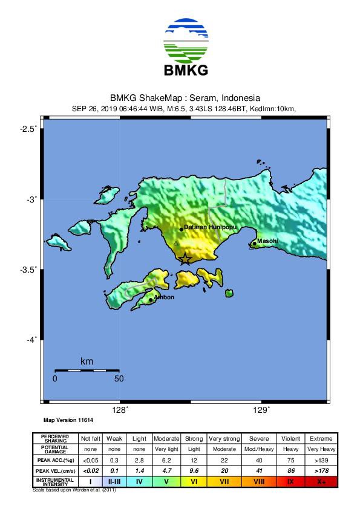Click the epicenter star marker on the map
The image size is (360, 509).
185,259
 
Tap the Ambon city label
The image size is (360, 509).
164,297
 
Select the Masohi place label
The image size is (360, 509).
267,241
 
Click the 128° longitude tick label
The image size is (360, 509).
120,410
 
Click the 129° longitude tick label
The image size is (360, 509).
261,410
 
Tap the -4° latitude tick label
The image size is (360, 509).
30,340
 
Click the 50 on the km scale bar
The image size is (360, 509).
119,379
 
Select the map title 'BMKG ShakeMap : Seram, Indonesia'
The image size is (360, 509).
185,98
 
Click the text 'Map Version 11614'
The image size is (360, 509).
67,420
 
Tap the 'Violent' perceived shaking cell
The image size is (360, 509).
290,438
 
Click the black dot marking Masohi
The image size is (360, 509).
254,244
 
